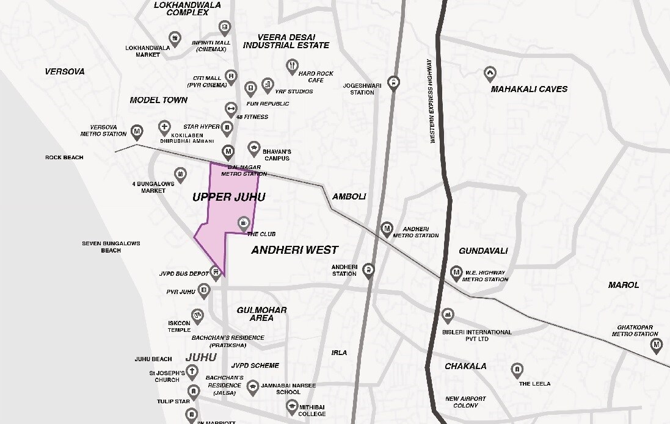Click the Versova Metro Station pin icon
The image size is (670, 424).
point(137,132)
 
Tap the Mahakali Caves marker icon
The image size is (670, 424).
point(489,74)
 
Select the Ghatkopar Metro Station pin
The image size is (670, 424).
point(657,346)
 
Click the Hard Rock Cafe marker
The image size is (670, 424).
point(293,66)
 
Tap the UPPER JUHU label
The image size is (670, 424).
point(229,197)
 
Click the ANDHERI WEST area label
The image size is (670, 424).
point(294,250)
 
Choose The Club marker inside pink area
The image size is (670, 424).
point(243,222)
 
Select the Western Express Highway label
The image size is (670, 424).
point(431,101)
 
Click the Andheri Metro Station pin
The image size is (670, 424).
point(386,229)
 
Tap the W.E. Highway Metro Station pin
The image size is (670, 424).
point(456,273)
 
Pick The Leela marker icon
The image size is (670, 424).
point(517,370)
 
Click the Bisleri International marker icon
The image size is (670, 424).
point(448,316)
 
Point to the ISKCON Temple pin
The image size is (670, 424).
point(197,315)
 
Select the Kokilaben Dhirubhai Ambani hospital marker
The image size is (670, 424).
point(164,128)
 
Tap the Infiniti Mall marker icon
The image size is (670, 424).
point(225,27)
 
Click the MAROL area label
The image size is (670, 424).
point(624,285)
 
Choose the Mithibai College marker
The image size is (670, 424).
point(293,405)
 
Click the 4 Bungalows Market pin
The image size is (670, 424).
point(180,174)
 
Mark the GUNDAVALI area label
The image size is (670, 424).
point(483,251)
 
